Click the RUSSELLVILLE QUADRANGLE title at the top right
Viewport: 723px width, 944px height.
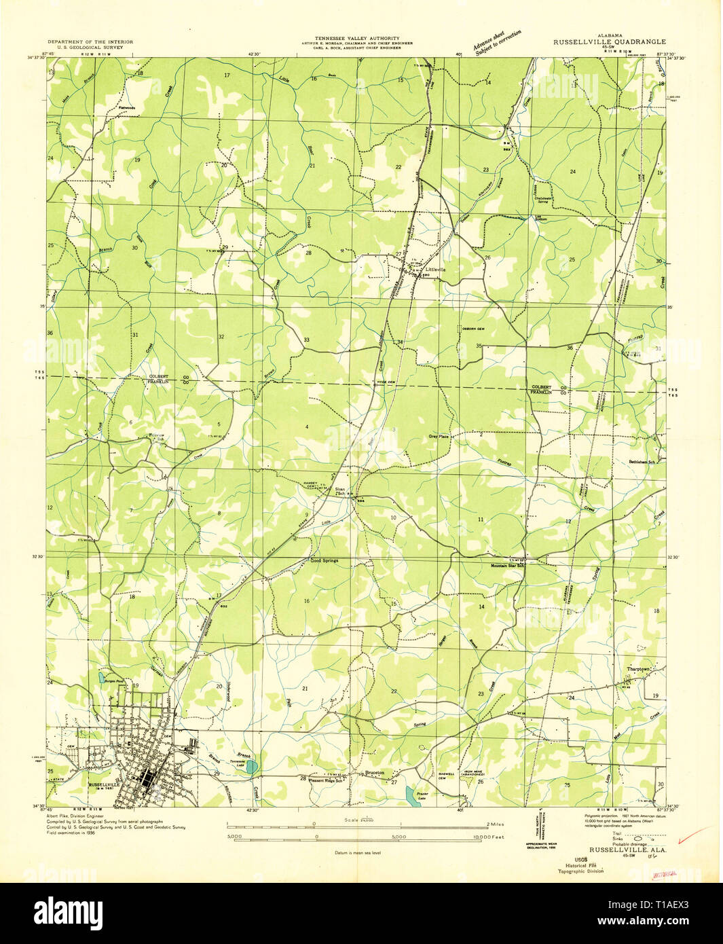click(609, 41)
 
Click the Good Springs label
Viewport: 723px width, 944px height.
click(324, 561)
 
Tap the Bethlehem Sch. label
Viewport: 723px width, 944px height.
click(642, 462)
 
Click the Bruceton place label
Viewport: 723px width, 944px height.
click(375, 773)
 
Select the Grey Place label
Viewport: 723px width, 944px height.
click(439, 436)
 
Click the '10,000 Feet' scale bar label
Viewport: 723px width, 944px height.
click(489, 837)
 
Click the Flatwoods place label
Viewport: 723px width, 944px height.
click(127, 107)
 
